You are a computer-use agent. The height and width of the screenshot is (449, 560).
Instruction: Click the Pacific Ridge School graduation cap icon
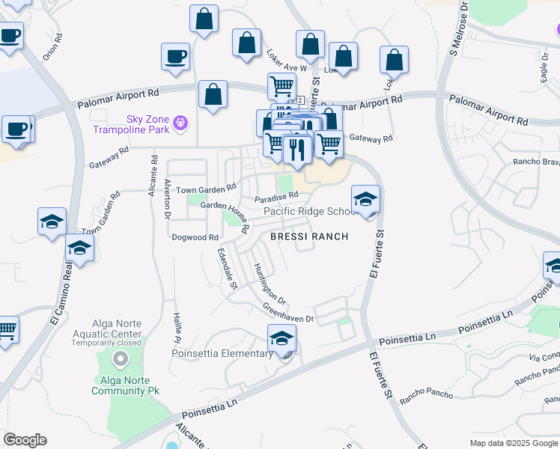point(366,199)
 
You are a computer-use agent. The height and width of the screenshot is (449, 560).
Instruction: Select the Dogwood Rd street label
point(194,237)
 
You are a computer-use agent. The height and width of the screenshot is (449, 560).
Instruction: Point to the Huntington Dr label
point(270,283)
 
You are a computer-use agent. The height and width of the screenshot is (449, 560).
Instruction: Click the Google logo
point(25,440)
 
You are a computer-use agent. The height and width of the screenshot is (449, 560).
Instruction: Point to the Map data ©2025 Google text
point(512,443)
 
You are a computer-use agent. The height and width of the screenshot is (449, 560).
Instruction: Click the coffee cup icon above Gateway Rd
point(176,57)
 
